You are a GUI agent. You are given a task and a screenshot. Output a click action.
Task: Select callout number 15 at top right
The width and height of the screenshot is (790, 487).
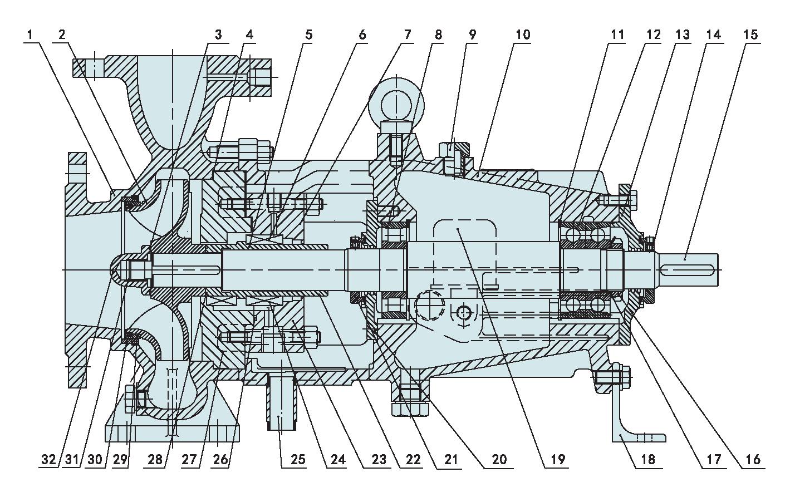(x=750, y=35)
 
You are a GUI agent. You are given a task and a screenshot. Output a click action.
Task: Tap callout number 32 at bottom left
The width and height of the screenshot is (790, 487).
(x=48, y=459)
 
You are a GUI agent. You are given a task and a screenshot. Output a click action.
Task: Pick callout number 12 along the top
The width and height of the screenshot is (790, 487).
(x=652, y=35)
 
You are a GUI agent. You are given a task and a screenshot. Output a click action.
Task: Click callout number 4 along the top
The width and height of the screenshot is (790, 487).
(x=248, y=35)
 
